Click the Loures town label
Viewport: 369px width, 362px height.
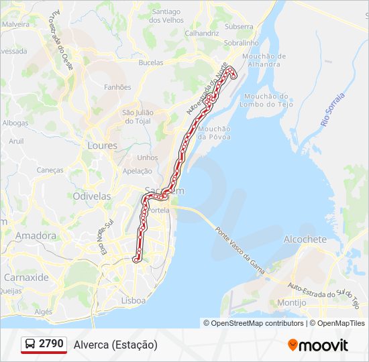click(x=102, y=145)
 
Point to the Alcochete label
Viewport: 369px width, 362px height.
click(x=305, y=239)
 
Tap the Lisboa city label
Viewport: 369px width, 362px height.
click(x=133, y=301)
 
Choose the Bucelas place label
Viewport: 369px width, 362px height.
click(x=150, y=62)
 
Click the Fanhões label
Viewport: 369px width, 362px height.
click(x=117, y=87)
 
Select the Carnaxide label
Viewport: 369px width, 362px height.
click(x=26, y=277)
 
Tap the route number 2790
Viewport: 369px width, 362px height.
click(x=51, y=344)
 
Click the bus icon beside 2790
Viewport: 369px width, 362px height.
click(x=30, y=345)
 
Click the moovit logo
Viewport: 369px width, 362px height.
click(x=318, y=345)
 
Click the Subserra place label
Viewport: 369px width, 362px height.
click(x=240, y=27)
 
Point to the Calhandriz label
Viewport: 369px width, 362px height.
click(x=202, y=32)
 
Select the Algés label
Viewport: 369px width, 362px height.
click(x=43, y=312)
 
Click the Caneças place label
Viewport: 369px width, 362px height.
click(x=49, y=170)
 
